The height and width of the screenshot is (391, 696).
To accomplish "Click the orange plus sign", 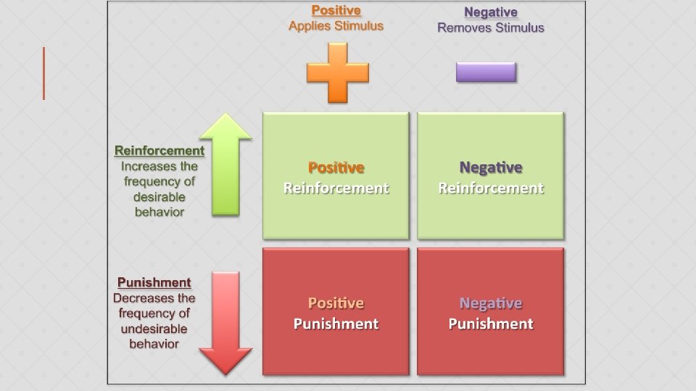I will point(337,72).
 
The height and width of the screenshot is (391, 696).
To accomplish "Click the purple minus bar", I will point(486,72).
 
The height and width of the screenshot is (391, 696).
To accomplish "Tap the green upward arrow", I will point(225,164).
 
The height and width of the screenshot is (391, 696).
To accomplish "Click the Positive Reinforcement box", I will point(336,176).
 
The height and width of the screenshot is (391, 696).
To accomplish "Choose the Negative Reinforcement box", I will point(490,176).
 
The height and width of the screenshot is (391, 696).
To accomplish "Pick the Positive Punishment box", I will point(336,312).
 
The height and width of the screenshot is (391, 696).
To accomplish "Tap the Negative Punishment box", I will point(490,312).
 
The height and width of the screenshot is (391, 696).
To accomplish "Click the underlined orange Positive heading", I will point(336,11).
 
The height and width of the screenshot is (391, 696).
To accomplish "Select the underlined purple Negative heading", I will point(490,12).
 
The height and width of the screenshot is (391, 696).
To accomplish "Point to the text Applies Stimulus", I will point(336,26).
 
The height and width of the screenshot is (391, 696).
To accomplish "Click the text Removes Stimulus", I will point(490,28).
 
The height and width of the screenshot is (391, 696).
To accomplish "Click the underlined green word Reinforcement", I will point(159,151).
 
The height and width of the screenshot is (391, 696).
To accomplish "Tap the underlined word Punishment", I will point(154,282).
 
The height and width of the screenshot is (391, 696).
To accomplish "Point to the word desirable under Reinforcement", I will point(159,197).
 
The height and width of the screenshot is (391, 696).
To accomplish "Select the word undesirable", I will point(154,329).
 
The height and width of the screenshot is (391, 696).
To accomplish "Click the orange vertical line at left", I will point(43,73).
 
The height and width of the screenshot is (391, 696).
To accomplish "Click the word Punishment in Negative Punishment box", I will point(490,324).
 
